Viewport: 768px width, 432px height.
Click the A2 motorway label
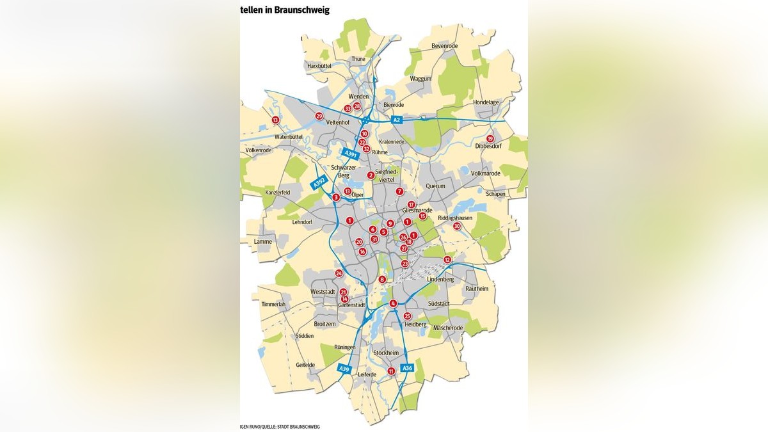(397, 120)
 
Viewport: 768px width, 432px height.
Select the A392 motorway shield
(319, 183)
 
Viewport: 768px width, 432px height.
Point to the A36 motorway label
(407, 368)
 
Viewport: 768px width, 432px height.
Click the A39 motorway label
(345, 369)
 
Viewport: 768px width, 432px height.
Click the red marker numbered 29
(319, 116)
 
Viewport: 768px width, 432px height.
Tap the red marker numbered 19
(490, 139)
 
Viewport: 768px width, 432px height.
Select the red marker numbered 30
(457, 226)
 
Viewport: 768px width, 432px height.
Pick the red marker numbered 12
(447, 260)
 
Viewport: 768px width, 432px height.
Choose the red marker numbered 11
(391, 371)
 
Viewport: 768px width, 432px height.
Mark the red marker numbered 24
(339, 273)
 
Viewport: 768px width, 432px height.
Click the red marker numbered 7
(399, 191)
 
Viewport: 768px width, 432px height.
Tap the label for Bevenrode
(446, 47)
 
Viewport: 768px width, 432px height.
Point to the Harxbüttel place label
(321, 66)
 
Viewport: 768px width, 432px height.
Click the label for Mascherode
(448, 328)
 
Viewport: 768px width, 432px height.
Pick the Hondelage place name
(485, 102)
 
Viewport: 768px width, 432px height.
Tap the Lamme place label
(262, 241)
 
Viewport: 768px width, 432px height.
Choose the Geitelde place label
(305, 365)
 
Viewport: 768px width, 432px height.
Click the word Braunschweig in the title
(300, 10)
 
